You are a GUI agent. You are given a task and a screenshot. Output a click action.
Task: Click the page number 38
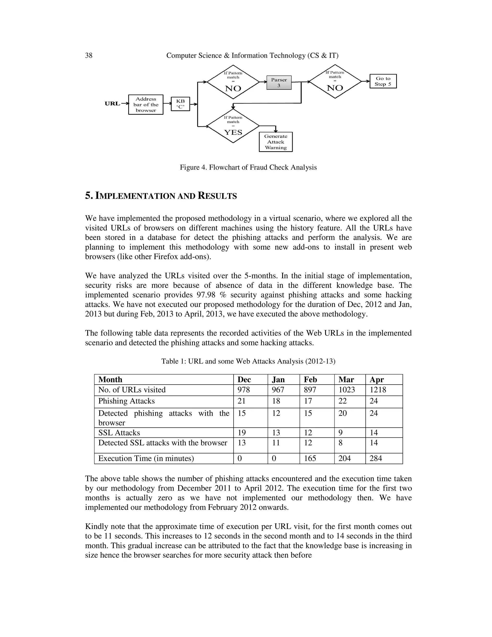[x=89, y=56]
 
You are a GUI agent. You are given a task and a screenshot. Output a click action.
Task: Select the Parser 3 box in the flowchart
[x=279, y=82]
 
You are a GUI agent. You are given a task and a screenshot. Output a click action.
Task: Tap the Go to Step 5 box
[x=383, y=81]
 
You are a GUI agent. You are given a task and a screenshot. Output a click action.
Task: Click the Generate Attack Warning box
[x=276, y=142]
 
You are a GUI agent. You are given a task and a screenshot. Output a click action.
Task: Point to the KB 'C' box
[x=180, y=104]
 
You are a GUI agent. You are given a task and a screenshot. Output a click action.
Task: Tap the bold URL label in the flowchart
[x=112, y=104]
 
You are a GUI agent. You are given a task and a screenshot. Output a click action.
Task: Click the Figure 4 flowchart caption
[x=248, y=167]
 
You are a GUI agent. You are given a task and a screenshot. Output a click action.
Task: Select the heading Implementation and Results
[x=161, y=196]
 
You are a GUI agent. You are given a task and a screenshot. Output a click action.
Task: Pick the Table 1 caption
[x=248, y=361]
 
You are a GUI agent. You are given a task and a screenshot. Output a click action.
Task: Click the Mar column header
[x=346, y=380]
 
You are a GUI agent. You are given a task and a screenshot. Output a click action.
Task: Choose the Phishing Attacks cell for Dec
[x=241, y=401]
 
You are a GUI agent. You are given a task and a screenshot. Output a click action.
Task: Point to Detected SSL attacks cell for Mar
[x=340, y=443]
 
